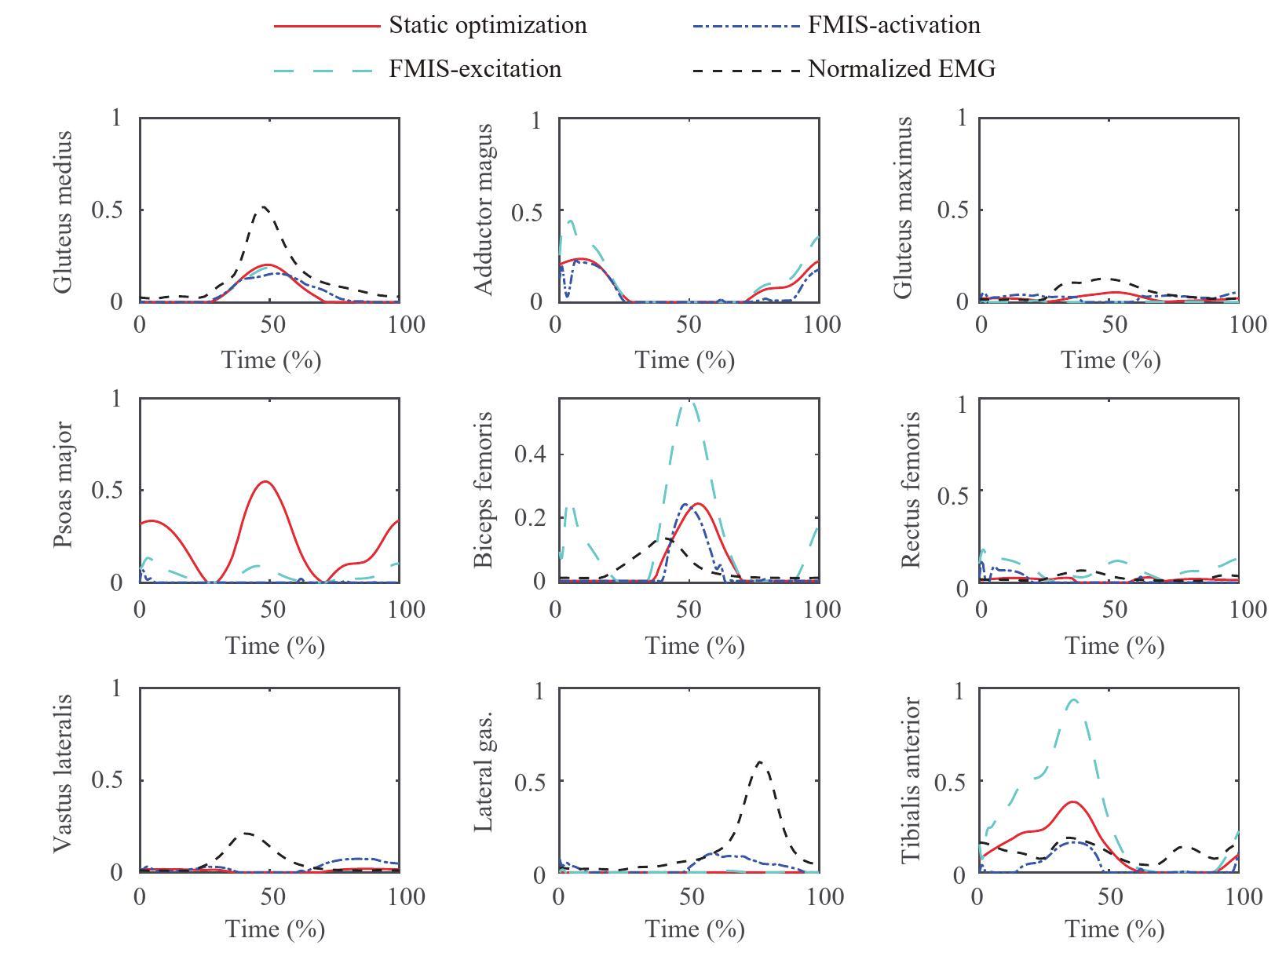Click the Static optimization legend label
coord(488,25)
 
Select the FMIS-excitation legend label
coord(475,69)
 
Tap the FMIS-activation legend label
coord(894,25)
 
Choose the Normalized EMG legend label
coord(902,69)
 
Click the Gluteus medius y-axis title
coord(64,212)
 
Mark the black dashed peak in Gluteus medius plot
coord(265,207)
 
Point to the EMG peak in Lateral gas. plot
coord(759,761)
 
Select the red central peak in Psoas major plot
coord(266,481)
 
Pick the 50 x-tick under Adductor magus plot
coord(688,324)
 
